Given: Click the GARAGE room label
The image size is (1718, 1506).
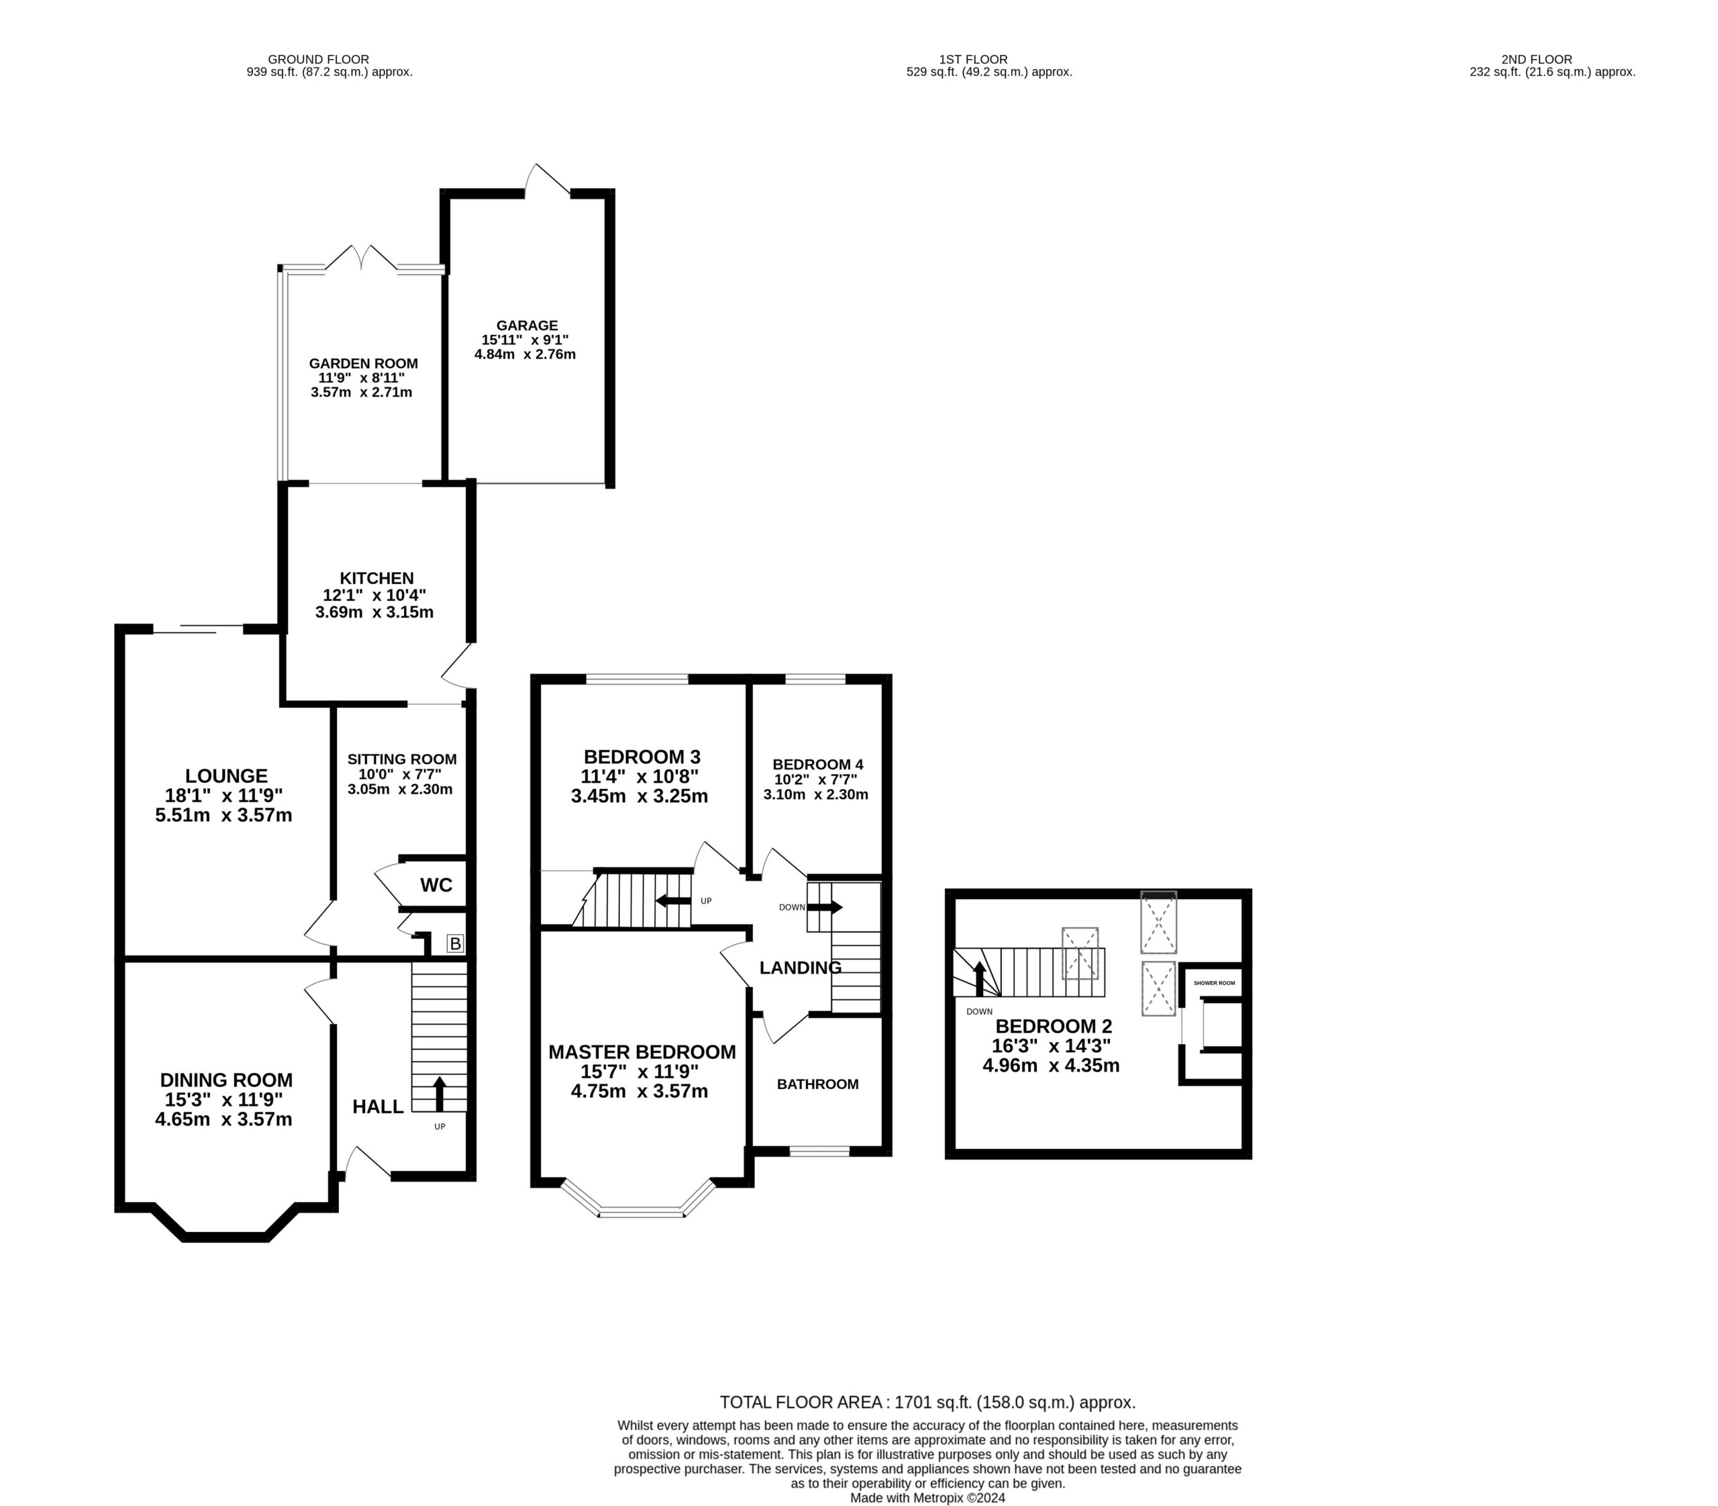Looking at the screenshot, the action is (x=527, y=325).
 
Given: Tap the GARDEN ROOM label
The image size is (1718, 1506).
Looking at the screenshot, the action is (x=363, y=363).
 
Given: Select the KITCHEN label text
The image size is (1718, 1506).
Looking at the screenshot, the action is (x=376, y=578).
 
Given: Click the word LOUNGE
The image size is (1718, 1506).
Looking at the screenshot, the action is (x=226, y=775).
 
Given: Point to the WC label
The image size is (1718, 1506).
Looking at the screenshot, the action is (x=436, y=884).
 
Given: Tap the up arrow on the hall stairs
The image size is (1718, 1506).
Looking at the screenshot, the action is (x=438, y=1093).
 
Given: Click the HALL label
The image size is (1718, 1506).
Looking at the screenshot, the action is (x=377, y=1106).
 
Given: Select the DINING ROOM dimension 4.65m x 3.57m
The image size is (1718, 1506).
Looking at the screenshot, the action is (x=223, y=1119).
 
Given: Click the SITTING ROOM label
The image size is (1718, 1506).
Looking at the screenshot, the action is (x=401, y=759).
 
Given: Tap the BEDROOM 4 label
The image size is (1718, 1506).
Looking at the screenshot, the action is (x=817, y=764).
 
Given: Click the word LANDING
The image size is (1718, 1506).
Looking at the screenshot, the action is (x=800, y=968).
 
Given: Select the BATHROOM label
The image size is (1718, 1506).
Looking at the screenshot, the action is (x=817, y=1084).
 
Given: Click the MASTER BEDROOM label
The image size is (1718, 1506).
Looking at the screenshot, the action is (x=642, y=1051).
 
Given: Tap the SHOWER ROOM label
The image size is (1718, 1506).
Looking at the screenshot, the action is (x=1214, y=982).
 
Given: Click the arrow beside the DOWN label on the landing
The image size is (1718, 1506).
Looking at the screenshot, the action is (x=824, y=907).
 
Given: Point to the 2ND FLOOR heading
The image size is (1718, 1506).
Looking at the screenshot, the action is (x=1537, y=59).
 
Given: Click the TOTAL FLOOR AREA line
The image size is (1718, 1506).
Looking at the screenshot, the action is (x=927, y=1402).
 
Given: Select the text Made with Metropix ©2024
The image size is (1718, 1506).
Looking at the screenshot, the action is (x=927, y=1497).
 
